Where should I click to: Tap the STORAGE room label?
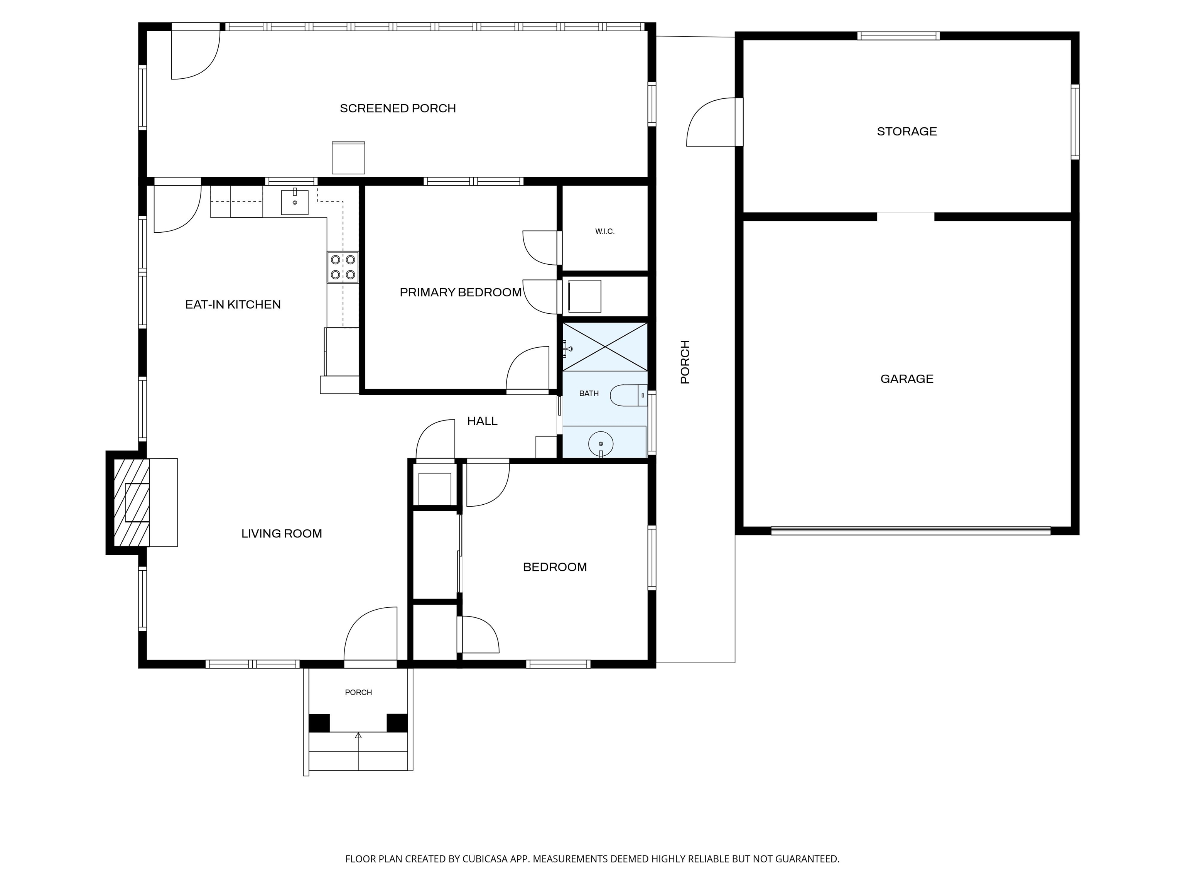coord(906,131)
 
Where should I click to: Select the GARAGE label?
coord(906,379)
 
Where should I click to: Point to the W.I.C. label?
coord(604,232)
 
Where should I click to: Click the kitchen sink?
coord(295,202)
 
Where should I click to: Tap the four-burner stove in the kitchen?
coord(343,267)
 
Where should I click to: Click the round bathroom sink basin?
coord(601,444)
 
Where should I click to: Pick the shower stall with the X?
coord(604,347)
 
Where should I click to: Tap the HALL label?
coord(482,421)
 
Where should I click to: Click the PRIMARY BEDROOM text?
coord(461,292)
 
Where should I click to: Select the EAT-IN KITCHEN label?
coord(233,304)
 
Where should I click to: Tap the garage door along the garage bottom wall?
coord(911,531)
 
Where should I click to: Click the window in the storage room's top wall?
coord(898,36)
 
